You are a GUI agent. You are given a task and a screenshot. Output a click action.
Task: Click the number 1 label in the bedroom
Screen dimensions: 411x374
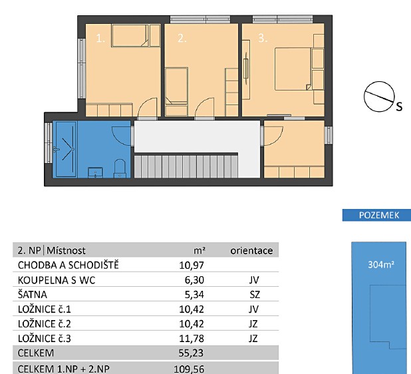[100, 39]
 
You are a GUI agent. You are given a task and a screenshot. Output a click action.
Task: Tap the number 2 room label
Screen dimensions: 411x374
[182, 39]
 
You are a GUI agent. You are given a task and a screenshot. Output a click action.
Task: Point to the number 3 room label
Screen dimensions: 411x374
[263, 39]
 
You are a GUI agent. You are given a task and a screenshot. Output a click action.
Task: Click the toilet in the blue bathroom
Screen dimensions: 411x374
[120, 168]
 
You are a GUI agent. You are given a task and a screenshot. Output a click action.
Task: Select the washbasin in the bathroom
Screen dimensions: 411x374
[95, 172]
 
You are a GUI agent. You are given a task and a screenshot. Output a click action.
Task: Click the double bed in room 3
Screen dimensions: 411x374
[293, 69]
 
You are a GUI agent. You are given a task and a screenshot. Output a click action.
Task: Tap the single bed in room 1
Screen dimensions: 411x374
[130, 36]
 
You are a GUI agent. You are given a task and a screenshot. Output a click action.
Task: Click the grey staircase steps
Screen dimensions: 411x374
[186, 167]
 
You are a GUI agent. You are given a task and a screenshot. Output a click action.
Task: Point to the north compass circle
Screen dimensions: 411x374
[379, 96]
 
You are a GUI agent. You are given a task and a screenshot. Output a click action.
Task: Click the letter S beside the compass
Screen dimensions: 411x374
[399, 106]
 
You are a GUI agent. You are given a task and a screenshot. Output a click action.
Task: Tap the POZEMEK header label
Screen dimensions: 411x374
[379, 215]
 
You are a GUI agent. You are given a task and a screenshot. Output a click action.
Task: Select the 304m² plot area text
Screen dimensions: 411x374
[381, 264]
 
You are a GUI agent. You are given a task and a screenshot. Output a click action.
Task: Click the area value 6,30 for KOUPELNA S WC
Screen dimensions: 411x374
[194, 280]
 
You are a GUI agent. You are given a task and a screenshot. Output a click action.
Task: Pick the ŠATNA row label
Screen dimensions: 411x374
[33, 294]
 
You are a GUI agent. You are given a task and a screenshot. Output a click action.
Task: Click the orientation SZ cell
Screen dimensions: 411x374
[255, 295]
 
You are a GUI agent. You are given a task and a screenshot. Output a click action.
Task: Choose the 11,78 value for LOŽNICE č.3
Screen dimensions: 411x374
[192, 339]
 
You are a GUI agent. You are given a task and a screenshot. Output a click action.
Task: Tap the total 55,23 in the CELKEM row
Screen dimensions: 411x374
[191, 353]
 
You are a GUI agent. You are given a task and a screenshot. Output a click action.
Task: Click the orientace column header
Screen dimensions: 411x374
[251, 251]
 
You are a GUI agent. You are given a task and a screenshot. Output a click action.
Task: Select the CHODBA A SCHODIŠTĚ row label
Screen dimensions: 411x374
[68, 265]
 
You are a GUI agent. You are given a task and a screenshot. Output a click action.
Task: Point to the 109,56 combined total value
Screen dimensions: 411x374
[189, 369]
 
